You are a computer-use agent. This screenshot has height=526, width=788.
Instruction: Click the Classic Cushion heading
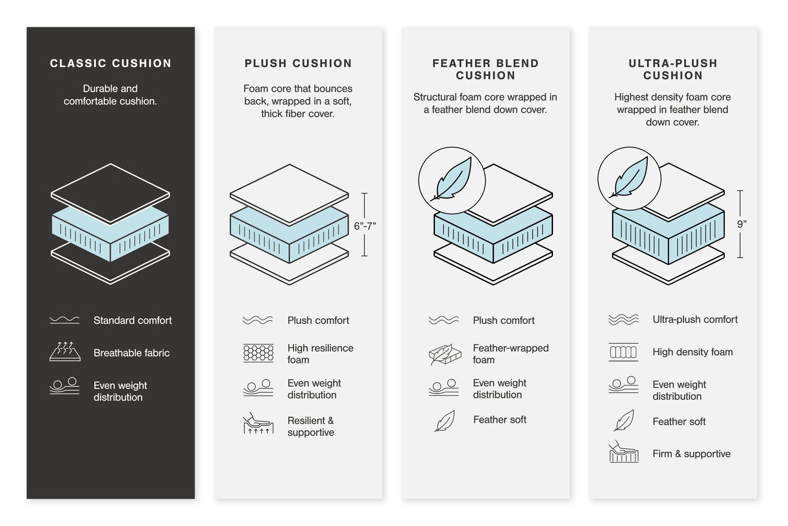coord(110,63)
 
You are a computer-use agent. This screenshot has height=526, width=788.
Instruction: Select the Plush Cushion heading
coord(298,63)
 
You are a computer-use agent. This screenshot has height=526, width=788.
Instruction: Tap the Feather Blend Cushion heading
coord(486,69)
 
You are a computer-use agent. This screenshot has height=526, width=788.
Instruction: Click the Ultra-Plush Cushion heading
coord(672,69)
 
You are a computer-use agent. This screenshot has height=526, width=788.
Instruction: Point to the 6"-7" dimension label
coord(365,226)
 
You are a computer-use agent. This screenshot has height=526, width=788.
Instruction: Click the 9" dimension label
coord(741,224)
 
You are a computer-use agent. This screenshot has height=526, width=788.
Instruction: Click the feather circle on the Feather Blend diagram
coord(451,181)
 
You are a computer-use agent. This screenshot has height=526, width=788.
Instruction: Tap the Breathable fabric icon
coord(65,351)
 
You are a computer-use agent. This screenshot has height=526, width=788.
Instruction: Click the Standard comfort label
coord(132,320)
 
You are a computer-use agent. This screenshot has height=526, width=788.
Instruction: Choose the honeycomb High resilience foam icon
coord(258,353)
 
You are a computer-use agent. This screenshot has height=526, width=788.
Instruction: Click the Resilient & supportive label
coord(310,427)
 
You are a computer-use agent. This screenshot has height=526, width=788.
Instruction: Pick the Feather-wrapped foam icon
coord(445,354)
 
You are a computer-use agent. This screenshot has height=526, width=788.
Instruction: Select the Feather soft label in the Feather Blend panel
coord(499,420)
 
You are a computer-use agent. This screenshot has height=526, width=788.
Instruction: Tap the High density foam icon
coord(623,352)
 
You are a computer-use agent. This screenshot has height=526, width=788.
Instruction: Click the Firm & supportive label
coord(691,454)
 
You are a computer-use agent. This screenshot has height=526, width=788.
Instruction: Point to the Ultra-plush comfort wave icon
coord(623,319)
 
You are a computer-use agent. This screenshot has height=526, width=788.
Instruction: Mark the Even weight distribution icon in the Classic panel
coord(65,386)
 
